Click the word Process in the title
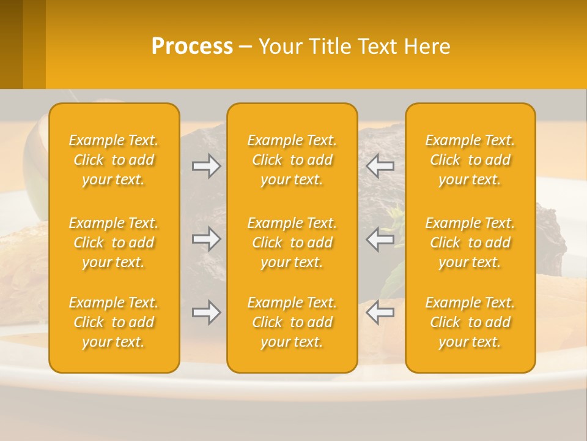pyautogui.click(x=192, y=47)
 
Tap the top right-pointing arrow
pyautogui.click(x=206, y=166)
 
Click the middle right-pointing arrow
pyautogui.click(x=206, y=239)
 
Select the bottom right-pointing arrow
pyautogui.click(x=206, y=312)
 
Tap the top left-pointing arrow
pyautogui.click(x=380, y=166)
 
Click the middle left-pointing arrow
pyautogui.click(x=380, y=239)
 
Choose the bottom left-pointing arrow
pyautogui.click(x=380, y=312)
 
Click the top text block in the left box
pyautogui.click(x=114, y=160)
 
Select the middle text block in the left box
pyautogui.click(x=114, y=243)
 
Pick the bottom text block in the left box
pyautogui.click(x=114, y=322)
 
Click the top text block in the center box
pyautogui.click(x=292, y=160)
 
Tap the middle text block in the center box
pyautogui.click(x=292, y=243)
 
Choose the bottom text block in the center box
pyautogui.click(x=292, y=322)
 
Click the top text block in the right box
pyautogui.click(x=470, y=160)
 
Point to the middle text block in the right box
pyautogui.click(x=470, y=243)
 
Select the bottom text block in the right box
pyautogui.click(x=470, y=322)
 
